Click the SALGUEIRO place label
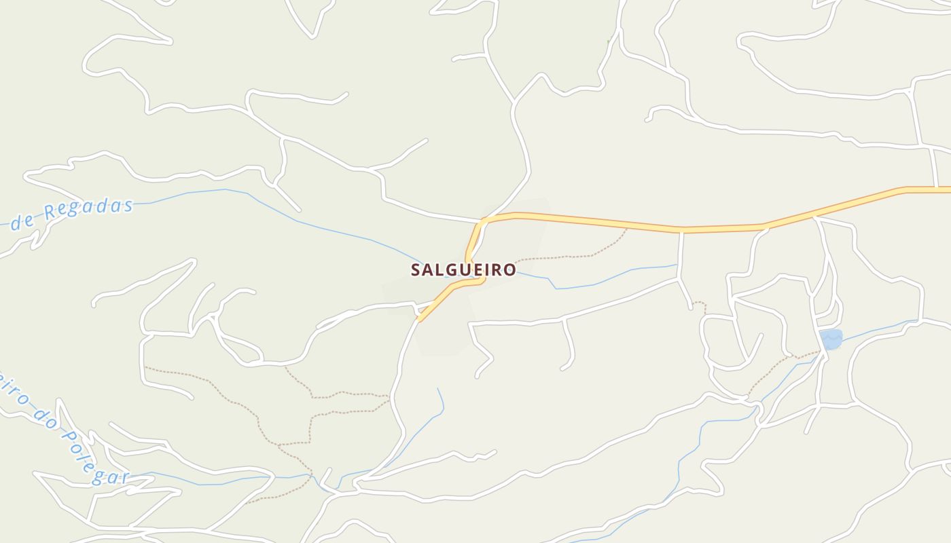click(x=463, y=270)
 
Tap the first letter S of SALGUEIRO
click(x=416, y=270)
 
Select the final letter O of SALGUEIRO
click(x=509, y=270)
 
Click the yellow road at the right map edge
click(x=944, y=189)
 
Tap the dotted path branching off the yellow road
click(x=577, y=256)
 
